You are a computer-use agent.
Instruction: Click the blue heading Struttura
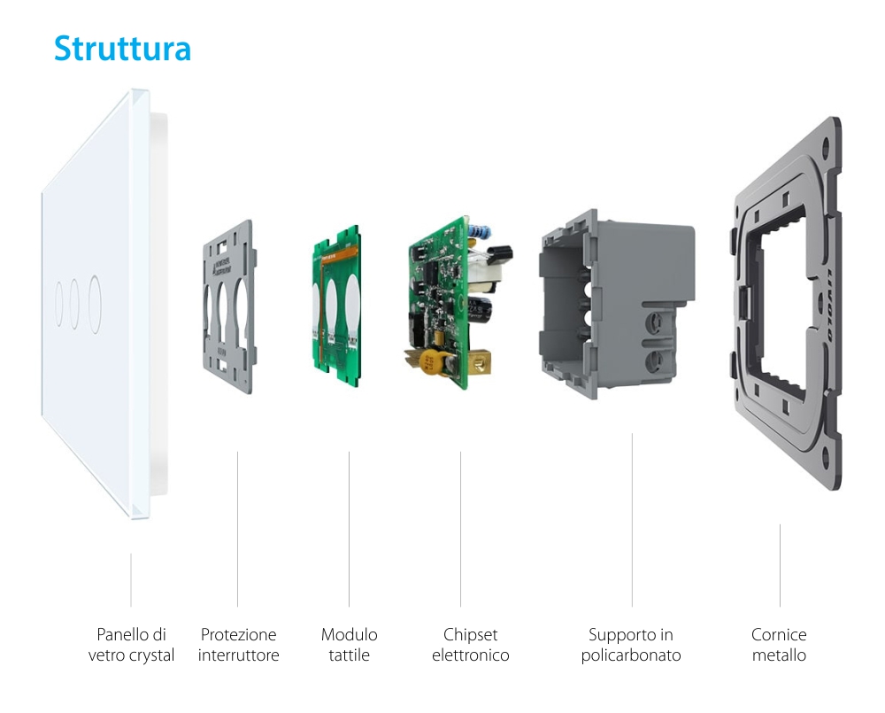coord(122,48)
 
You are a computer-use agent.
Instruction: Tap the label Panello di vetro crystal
coord(131,645)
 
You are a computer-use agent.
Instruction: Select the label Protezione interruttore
coord(238,645)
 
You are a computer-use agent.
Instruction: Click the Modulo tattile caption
coord(349,645)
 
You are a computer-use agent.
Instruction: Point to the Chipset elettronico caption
coord(470,645)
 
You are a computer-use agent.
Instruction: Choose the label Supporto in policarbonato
coord(631,645)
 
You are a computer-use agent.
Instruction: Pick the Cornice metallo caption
coord(779,645)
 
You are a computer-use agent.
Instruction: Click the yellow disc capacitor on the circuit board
coord(432,361)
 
